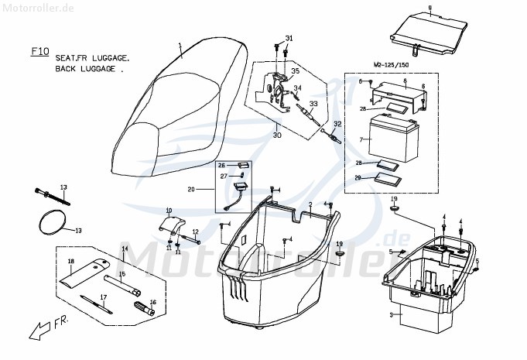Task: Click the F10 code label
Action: click(x=39, y=52)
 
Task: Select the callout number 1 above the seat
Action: click(x=179, y=45)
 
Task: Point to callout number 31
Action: click(x=289, y=38)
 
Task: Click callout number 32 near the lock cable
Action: click(x=337, y=125)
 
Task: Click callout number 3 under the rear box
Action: click(x=391, y=315)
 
